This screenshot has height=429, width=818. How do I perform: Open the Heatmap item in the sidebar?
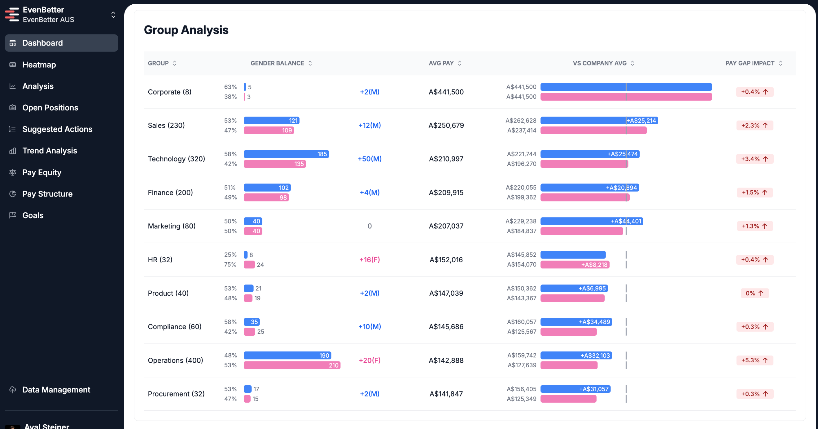click(39, 65)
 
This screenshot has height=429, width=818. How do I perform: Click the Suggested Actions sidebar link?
click(57, 129)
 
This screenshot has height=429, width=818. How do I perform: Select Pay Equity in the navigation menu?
click(42, 172)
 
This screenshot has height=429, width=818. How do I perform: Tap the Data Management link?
click(56, 390)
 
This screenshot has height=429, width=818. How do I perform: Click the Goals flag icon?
click(13, 215)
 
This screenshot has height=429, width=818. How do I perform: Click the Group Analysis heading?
click(186, 30)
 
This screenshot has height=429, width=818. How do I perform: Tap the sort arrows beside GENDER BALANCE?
click(310, 63)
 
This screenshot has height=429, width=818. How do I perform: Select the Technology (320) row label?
click(176, 159)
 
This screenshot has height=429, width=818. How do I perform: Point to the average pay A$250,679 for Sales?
click(446, 126)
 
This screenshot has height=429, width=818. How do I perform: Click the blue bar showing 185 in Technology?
click(286, 154)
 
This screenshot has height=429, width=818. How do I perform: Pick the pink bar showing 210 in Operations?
click(292, 365)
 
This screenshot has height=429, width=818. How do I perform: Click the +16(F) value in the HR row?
click(370, 260)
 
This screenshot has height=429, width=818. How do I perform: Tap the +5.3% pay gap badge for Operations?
click(755, 360)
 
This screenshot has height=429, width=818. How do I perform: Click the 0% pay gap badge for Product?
click(755, 293)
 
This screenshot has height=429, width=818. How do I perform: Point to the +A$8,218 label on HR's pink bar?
click(594, 265)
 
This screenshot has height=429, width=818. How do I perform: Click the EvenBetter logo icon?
click(12, 14)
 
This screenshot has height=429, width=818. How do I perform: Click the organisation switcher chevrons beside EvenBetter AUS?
click(113, 14)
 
